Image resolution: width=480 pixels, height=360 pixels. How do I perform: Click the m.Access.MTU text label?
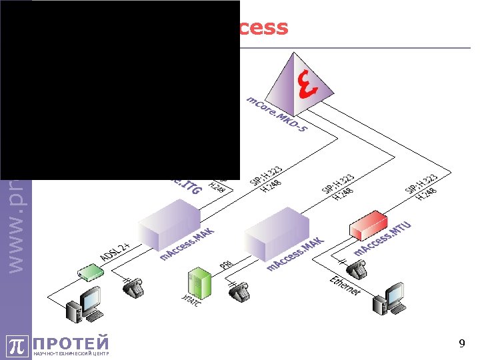(x=383, y=240)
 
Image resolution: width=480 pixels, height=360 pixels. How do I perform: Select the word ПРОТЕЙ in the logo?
(x=71, y=343)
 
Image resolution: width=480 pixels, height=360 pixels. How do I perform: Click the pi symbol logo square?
(x=18, y=345)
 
